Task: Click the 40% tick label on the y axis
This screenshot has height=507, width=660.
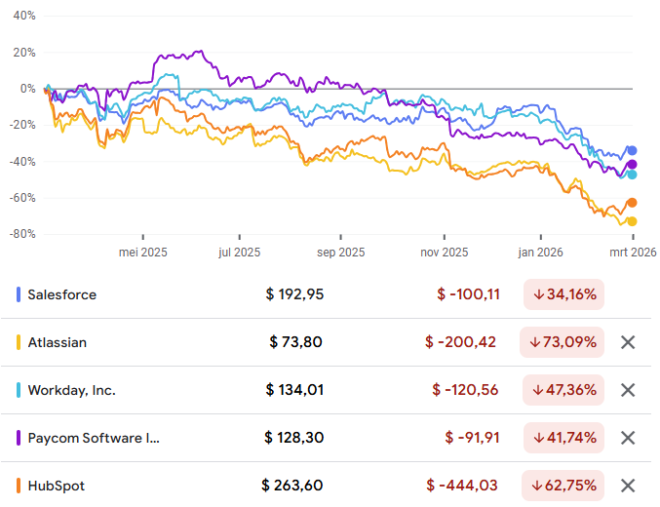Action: (23, 17)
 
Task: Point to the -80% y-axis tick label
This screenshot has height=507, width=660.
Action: (21, 234)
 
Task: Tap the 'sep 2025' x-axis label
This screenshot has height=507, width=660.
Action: (340, 253)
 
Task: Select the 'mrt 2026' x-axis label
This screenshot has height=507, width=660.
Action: (632, 253)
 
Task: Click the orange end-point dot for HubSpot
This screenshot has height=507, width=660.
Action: (632, 203)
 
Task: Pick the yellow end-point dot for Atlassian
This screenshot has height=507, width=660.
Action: (632, 221)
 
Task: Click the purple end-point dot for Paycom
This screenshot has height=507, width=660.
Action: (632, 164)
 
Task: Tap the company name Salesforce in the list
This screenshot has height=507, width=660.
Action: (62, 294)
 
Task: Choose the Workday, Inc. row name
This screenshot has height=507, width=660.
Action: (71, 390)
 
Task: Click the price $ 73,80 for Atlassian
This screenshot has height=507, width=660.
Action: (295, 342)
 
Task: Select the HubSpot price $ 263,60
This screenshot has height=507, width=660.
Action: (291, 486)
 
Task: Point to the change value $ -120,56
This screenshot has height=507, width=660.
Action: (465, 390)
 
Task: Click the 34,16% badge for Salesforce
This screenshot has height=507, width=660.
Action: (563, 294)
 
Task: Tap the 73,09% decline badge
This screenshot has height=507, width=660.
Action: (563, 342)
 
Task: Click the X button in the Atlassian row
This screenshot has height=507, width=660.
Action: (628, 342)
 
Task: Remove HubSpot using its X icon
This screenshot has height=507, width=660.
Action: (628, 486)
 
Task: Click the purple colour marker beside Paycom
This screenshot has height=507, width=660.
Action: (19, 438)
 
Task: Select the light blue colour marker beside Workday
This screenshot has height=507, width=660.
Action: (19, 390)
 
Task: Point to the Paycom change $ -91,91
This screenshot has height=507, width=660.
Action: (472, 438)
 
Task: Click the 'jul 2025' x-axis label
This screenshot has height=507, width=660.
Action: (240, 253)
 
